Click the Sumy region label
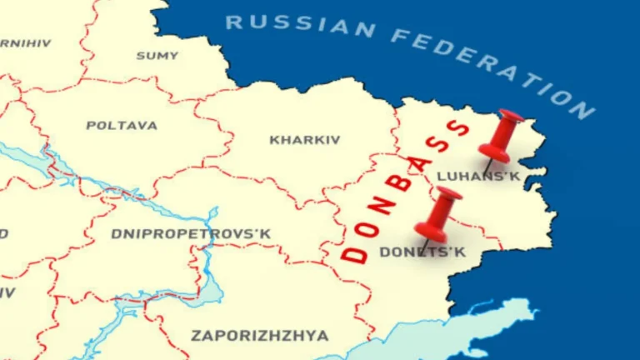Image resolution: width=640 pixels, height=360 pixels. [x=157, y=56]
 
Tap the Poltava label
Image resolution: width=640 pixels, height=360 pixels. [x=121, y=125]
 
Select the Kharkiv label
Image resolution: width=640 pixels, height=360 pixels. [x=305, y=140]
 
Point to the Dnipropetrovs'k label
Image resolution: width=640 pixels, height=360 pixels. [x=191, y=234]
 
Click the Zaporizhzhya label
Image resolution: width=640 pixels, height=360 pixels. [x=260, y=336]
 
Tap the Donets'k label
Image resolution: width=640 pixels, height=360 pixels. [x=422, y=252]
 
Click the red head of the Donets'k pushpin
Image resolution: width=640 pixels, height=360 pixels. [x=439, y=213]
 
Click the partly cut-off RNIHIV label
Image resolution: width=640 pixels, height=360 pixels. [x=25, y=42]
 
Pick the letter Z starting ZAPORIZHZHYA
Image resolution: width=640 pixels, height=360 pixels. [x=197, y=336]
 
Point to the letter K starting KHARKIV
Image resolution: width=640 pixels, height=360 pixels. [x=274, y=140]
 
